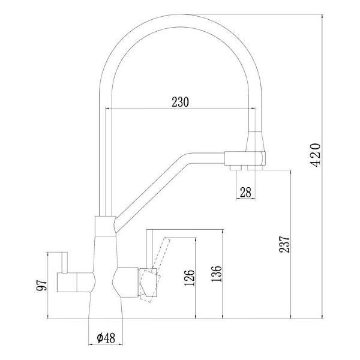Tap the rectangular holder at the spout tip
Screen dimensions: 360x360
coord(244,159)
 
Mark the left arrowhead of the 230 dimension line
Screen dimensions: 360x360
coord(109,109)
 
